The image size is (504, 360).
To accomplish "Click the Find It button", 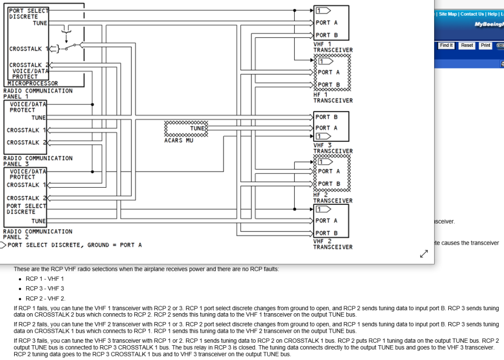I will (x=446, y=45).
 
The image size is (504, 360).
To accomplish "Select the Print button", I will (x=485, y=45).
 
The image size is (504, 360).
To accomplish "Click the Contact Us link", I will (x=472, y=14).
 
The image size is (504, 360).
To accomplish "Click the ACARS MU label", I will (x=179, y=140).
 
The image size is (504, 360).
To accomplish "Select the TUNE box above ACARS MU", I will (x=186, y=128).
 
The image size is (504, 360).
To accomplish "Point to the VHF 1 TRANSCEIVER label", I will (x=333, y=47).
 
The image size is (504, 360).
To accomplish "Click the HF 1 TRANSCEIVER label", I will (x=333, y=98).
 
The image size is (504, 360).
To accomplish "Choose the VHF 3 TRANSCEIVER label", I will (x=333, y=148).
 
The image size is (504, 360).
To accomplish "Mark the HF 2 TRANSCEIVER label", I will (x=333, y=198).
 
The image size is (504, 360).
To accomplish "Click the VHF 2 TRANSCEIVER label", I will (x=333, y=244).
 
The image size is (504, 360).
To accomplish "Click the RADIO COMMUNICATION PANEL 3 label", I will (x=37, y=161).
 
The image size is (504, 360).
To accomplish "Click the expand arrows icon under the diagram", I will (x=423, y=254).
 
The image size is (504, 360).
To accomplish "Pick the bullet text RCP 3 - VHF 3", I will (x=45, y=289).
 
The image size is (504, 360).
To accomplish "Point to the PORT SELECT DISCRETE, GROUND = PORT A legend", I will (x=74, y=245).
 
